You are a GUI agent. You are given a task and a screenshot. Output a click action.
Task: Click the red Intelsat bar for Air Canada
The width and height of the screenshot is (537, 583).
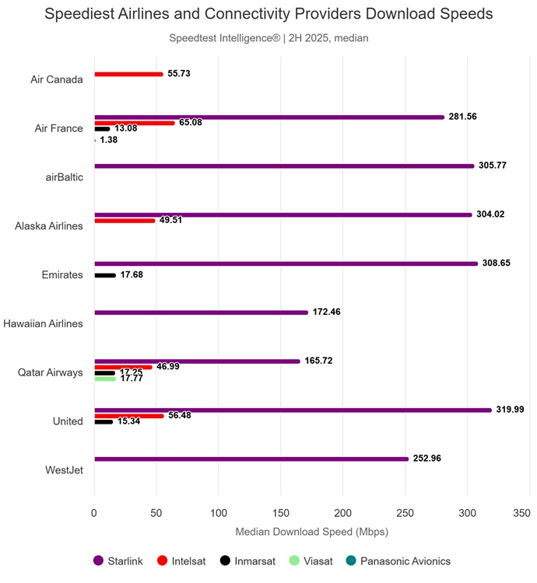point(128,74)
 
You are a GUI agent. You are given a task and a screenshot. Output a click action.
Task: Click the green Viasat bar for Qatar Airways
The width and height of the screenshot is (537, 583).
point(105,379)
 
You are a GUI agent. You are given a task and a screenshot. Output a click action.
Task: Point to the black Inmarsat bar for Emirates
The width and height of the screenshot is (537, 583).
point(105,275)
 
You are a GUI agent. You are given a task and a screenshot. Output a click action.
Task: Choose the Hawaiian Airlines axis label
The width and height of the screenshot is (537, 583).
point(44,323)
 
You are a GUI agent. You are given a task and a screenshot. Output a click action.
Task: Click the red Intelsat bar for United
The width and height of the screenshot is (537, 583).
point(129,416)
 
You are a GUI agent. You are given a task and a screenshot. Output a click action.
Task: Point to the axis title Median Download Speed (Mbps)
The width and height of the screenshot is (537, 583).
point(311,532)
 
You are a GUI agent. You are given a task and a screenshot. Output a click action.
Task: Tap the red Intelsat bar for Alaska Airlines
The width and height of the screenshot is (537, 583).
point(125,221)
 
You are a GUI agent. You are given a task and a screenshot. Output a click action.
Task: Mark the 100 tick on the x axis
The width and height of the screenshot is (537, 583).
point(219,513)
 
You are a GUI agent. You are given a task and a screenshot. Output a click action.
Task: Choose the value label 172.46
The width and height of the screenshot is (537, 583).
point(326,312)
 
